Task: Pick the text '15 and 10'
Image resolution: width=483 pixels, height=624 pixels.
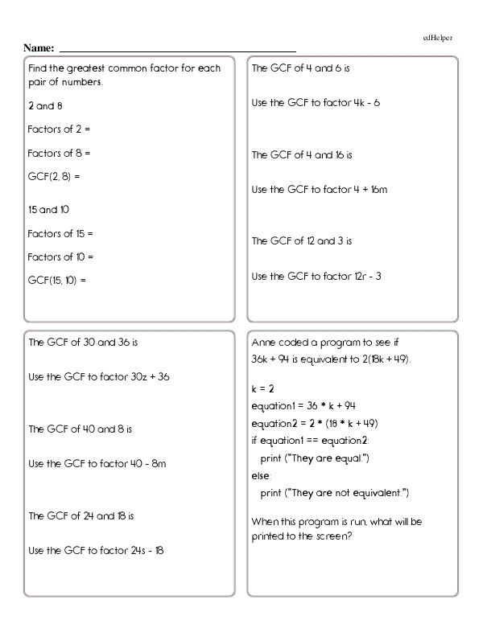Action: (48, 210)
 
